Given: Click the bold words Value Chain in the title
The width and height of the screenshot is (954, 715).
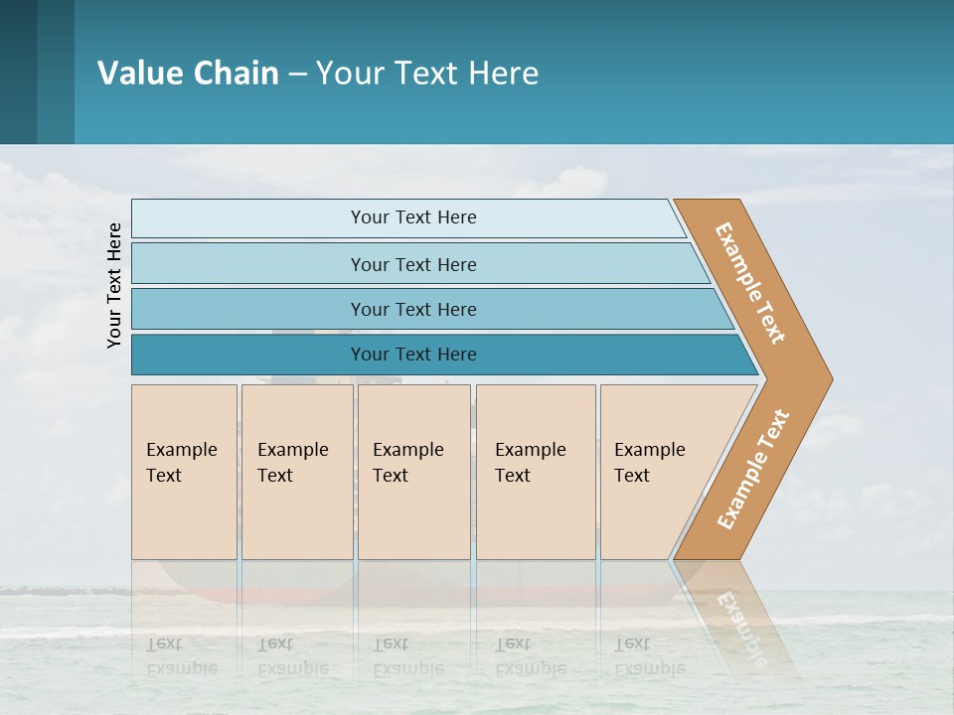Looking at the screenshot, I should pos(188,73).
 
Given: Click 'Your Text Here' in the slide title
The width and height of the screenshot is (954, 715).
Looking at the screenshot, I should pos(427,73).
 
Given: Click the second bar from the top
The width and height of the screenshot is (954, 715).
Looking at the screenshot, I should pos(412,264).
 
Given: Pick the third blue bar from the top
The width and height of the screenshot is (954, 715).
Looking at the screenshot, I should pos(412,309).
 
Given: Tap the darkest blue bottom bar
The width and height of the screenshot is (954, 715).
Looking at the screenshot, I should pos(412,355).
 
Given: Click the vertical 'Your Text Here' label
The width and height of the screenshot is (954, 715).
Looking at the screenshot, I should pos(114,285).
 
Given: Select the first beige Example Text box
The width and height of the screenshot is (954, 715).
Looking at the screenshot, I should pos(184,472).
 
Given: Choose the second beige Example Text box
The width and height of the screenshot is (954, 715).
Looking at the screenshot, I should pos(297,472).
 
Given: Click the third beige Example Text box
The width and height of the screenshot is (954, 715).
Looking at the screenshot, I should pos(413,472).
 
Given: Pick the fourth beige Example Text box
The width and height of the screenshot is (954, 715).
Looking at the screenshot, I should pos(536,472).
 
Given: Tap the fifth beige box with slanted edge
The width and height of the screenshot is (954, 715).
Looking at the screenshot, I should pos(656,472).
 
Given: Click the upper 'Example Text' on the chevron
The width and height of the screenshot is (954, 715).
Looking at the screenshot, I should pos(750,283).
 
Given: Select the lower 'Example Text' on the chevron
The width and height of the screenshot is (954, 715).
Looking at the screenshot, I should pos(753,469).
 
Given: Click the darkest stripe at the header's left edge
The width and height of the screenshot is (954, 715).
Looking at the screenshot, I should pos(18,71).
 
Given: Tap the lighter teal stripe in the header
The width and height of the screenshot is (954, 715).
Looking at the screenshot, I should pos(56,71).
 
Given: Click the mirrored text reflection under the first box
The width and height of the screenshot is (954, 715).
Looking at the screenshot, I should pos(181,655).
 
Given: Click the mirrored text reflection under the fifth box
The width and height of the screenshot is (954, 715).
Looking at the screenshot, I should pos(650,655).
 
